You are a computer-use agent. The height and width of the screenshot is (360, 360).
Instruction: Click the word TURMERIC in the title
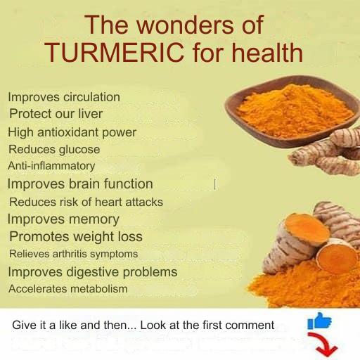[x=115, y=53]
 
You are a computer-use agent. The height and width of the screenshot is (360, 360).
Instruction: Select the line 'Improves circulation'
[x=64, y=97]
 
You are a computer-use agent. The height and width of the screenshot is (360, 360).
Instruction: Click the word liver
[x=91, y=114]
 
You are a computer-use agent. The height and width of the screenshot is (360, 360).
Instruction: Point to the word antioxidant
[x=68, y=132]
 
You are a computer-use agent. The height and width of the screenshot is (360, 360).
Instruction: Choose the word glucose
[x=79, y=150]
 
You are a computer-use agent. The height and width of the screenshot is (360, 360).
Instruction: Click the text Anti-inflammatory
[x=51, y=166]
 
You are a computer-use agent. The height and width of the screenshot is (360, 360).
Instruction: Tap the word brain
[x=84, y=184]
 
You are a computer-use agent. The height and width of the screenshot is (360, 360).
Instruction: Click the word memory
[x=94, y=220]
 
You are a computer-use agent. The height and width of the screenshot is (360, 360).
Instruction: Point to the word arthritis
[x=70, y=254]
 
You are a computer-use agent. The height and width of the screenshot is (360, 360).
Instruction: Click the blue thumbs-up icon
[x=319, y=321]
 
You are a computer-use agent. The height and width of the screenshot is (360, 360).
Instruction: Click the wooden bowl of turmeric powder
[x=291, y=111]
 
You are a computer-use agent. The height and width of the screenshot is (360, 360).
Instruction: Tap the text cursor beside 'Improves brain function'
[x=215, y=184]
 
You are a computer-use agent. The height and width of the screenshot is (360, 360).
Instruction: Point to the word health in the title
[x=267, y=53]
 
